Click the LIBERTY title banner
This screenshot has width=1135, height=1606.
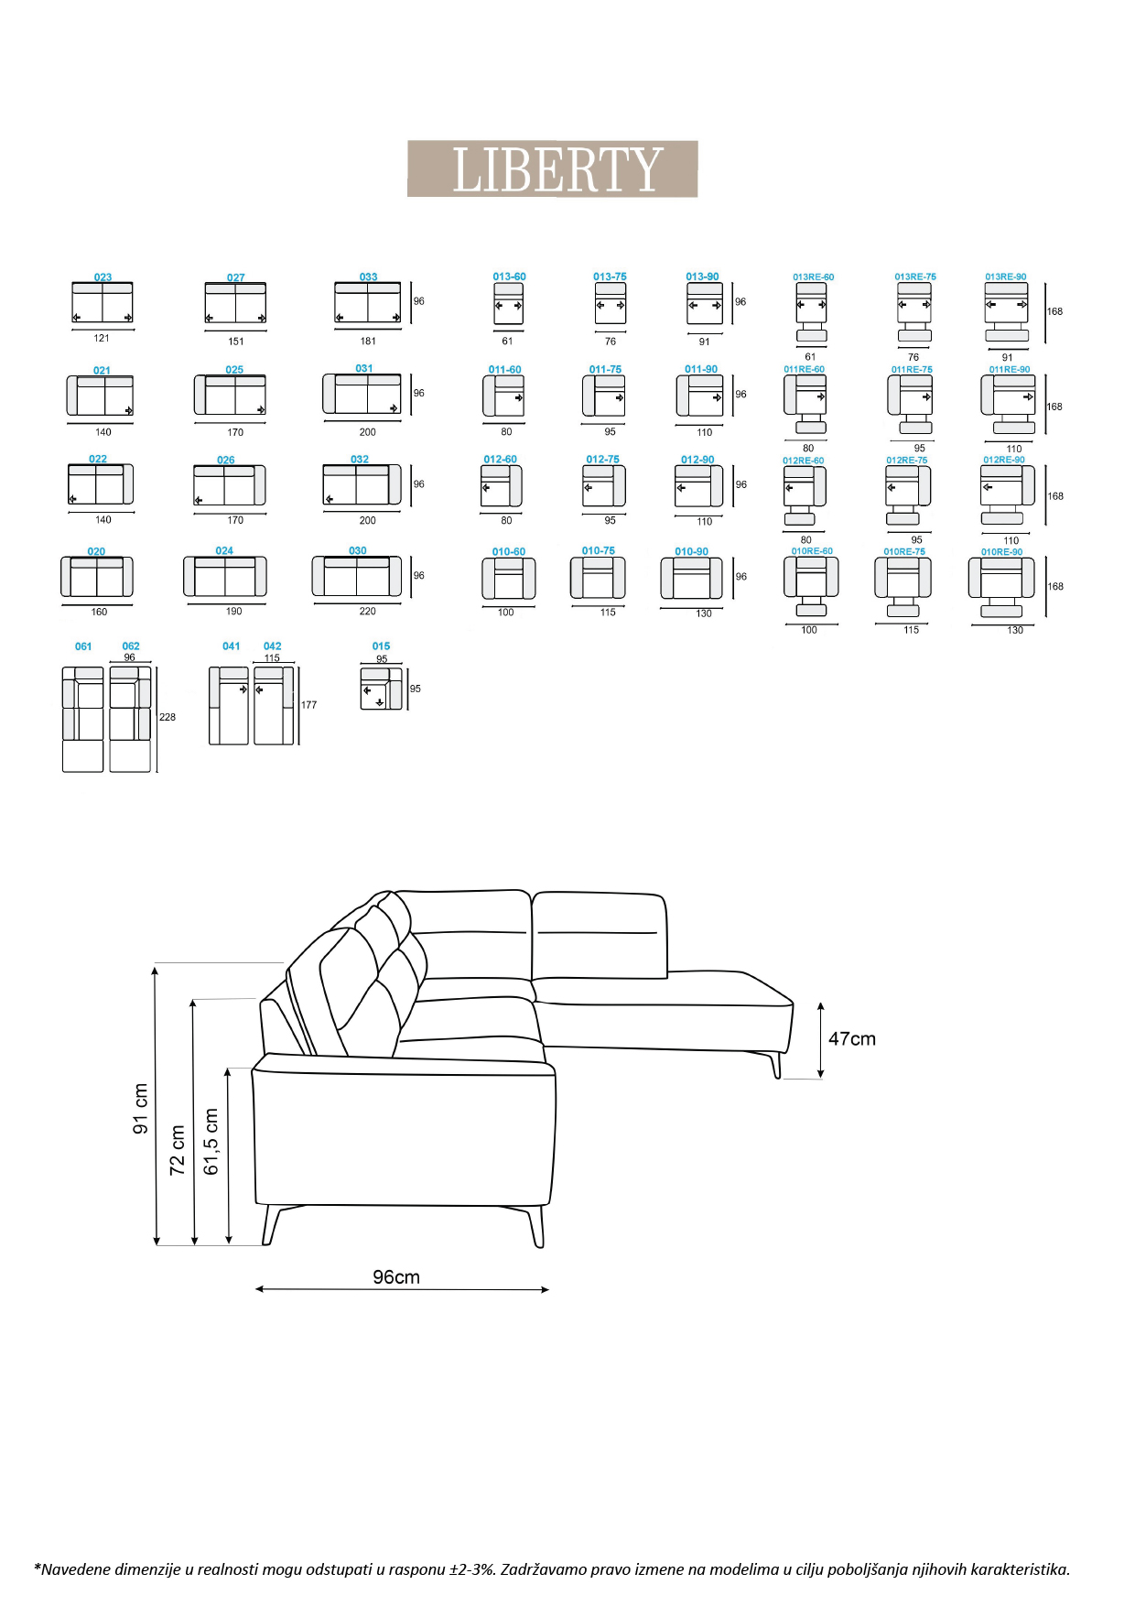552,168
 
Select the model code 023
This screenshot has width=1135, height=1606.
103,277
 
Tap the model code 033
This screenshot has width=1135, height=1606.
368,277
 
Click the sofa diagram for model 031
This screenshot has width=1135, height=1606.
362,394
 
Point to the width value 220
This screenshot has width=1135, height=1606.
367,611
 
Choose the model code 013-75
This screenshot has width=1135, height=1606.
610,277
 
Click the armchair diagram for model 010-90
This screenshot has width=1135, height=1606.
691,579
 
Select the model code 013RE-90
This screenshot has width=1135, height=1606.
1006,277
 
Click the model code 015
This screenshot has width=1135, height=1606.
381,646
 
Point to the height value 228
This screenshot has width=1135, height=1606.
168,717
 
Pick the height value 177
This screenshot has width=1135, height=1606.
309,705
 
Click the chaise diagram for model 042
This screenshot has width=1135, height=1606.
274,705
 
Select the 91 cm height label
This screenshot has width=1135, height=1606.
141,1109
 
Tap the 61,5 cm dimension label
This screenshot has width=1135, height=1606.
211,1142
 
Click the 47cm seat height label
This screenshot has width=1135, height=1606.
852,1038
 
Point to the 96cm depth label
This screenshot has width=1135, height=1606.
396,1277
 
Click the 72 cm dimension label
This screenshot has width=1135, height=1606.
178,1150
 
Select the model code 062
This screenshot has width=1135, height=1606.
131,646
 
